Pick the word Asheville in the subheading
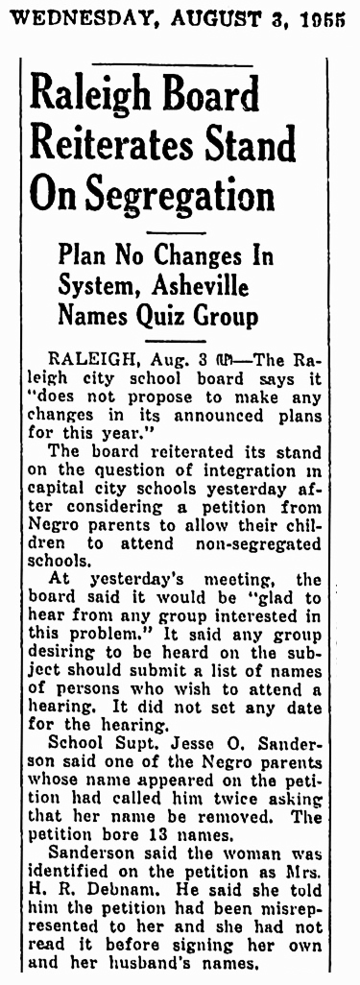[218, 285]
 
